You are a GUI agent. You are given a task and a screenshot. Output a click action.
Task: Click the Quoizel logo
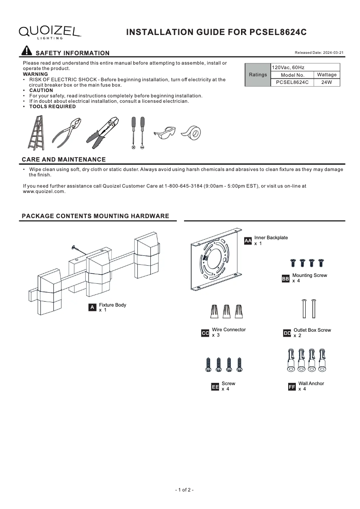click(x=50, y=31)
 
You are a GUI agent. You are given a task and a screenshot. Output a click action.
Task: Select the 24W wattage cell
click(x=326, y=83)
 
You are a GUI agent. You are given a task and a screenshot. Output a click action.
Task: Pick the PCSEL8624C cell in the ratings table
click(x=292, y=83)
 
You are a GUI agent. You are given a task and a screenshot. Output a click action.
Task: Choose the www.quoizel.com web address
click(x=44, y=191)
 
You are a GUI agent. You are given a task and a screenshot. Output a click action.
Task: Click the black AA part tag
click(x=248, y=241)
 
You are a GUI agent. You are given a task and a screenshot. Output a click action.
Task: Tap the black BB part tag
click(x=285, y=279)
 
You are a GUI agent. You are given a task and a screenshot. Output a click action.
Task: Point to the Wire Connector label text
click(x=229, y=330)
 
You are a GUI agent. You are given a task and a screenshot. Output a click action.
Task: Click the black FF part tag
click(x=292, y=386)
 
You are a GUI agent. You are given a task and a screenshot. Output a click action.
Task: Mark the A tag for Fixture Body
click(x=92, y=307)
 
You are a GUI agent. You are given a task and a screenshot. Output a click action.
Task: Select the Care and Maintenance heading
click(x=64, y=159)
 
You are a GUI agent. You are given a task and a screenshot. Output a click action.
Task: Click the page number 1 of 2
click(x=184, y=490)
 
